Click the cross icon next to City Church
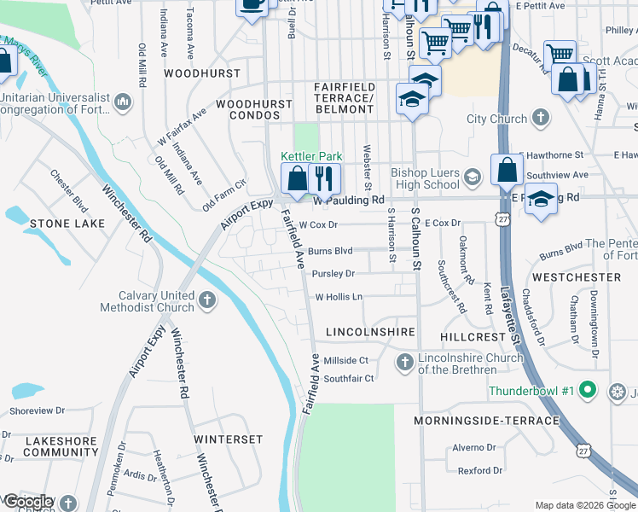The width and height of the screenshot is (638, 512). tap(540, 119)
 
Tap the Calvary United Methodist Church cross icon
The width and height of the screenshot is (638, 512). tap(207, 300)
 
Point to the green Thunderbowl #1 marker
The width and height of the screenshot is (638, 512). tap(586, 392)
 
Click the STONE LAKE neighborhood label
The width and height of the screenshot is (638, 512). tap(67, 224)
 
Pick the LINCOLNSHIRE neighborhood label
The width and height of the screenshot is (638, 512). tap(370, 331)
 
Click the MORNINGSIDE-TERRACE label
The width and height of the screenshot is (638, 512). tap(486, 421)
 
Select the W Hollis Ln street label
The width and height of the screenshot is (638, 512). tap(339, 297)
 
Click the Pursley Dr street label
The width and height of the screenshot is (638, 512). tap(333, 274)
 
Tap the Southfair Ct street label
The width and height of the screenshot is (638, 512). tap(349, 379)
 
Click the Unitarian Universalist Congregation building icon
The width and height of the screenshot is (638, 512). tap(124, 102)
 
